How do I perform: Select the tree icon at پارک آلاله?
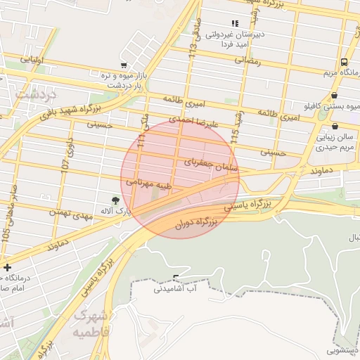point(115,200)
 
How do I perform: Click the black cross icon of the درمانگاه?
point(7,267)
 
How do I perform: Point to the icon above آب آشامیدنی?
point(176,276)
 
